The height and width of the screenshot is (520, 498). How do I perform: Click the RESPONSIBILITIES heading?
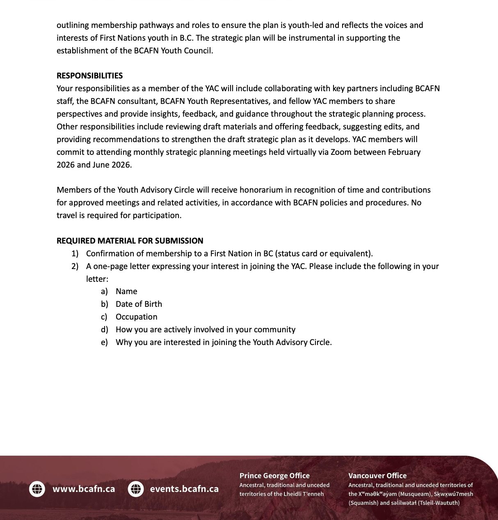pyautogui.click(x=89, y=76)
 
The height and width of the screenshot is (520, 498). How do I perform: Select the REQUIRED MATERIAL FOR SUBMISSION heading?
pyautogui.click(x=130, y=241)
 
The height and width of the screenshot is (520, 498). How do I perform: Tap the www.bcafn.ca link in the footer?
pyautogui.click(x=84, y=489)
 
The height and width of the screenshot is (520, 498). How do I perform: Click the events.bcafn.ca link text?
pyautogui.click(x=184, y=489)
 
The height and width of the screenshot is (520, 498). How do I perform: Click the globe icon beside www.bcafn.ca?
pyautogui.click(x=37, y=489)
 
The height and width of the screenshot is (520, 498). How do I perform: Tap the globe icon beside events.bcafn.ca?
pyautogui.click(x=136, y=489)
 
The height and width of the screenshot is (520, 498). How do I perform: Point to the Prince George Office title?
pyautogui.click(x=274, y=476)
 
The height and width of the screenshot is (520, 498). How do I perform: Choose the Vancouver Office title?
pyautogui.click(x=377, y=476)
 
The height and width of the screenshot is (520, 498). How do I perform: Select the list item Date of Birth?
pyautogui.click(x=139, y=304)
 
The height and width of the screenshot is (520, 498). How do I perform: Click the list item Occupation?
pyautogui.click(x=136, y=317)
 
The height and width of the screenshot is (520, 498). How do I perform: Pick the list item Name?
pyautogui.click(x=126, y=291)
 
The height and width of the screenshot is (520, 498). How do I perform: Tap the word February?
pyautogui.click(x=404, y=152)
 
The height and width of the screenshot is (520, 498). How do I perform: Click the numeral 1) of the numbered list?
pyautogui.click(x=75, y=253)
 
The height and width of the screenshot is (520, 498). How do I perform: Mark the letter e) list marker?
pyautogui.click(x=104, y=342)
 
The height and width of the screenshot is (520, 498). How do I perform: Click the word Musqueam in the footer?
pyautogui.click(x=414, y=494)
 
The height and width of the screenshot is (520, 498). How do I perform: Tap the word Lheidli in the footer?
pyautogui.click(x=293, y=494)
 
